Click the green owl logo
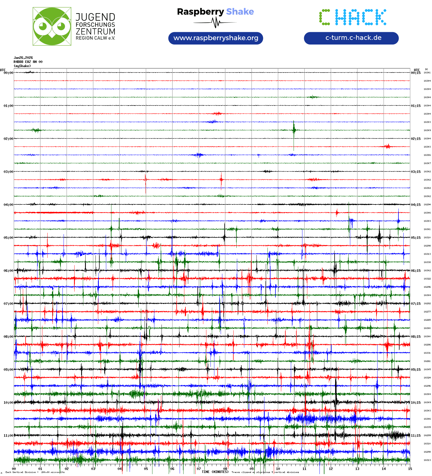coord(52,26)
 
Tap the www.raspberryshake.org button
coord(216,38)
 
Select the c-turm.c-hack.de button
coord(351,38)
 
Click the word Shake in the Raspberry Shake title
coord(240,12)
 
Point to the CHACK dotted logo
coord(352,17)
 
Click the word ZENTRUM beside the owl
coord(95,31)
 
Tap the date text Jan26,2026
coord(23,58)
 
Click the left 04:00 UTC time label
coord(8,205)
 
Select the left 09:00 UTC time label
coord(8,370)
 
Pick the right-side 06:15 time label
coord(415,271)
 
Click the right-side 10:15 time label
coord(415,403)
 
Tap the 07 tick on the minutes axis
coord(199,469)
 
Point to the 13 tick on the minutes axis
coord(357,469)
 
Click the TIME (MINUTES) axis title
coord(215,472)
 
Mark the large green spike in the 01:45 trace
coord(294,129)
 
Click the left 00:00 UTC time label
coord(8,73)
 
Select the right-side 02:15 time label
coord(415,139)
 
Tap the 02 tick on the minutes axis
coord(67,469)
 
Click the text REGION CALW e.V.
coord(95,38)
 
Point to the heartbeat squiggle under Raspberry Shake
coord(215,23)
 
